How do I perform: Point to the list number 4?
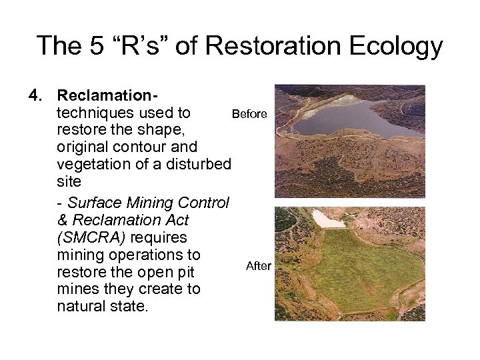pos(34,97)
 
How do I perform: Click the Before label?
pos(249,114)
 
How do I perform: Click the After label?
pos(259,266)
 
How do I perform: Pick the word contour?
pos(131,146)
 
